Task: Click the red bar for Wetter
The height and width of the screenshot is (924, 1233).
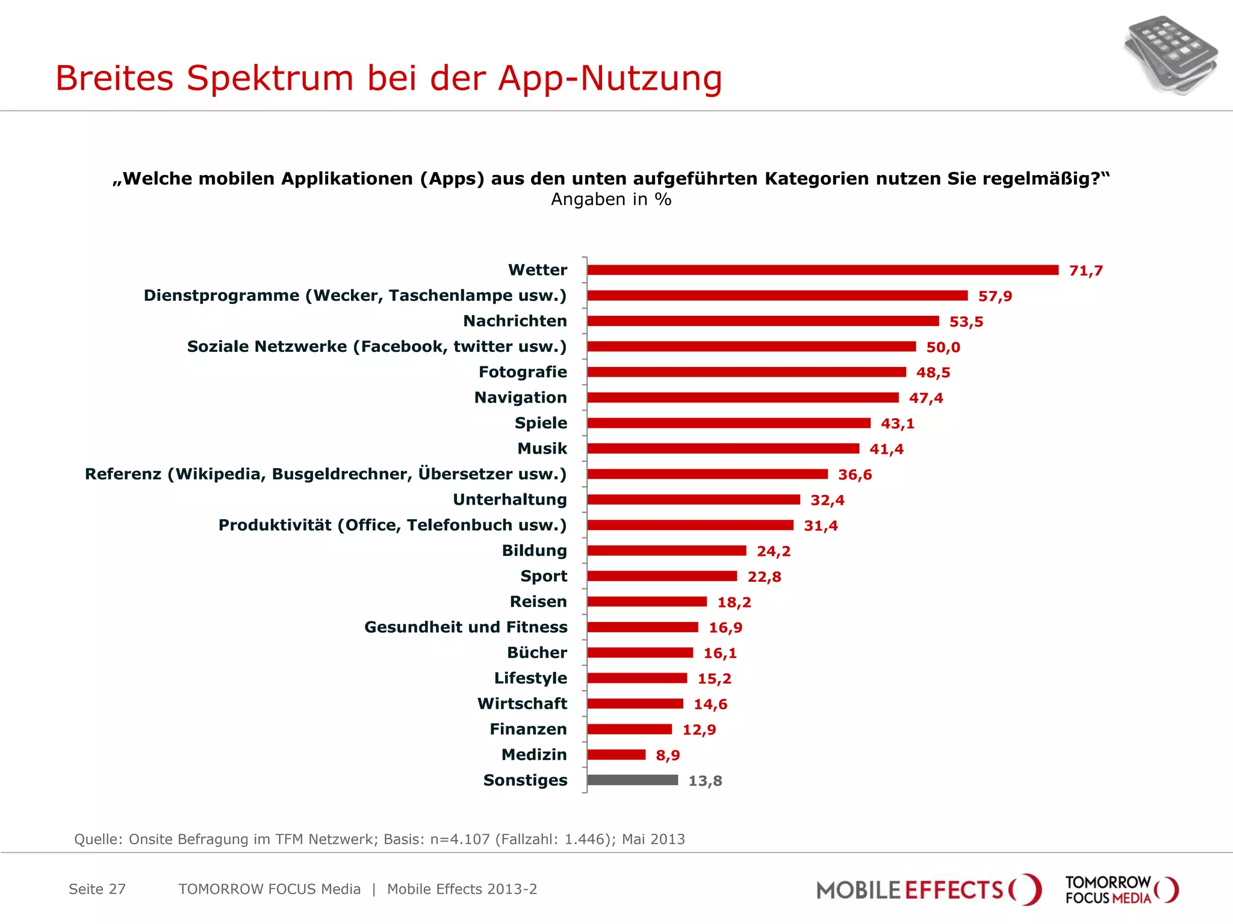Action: click(822, 270)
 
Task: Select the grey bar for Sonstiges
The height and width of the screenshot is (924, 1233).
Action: click(632, 780)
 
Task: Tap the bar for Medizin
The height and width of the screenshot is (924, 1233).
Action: click(616, 754)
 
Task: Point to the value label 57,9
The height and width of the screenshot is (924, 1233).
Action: click(995, 296)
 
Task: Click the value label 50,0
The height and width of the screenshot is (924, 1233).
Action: click(943, 347)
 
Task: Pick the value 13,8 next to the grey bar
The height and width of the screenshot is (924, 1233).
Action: click(705, 781)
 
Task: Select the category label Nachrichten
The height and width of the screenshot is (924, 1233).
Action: click(515, 321)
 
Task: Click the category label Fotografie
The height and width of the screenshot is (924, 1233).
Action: click(523, 372)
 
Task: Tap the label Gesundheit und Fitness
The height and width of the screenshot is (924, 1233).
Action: click(465, 627)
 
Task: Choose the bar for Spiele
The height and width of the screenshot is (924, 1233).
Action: click(728, 423)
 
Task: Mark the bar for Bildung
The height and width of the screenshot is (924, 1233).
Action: click(666, 550)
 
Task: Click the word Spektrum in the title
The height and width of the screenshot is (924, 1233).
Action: click(270, 78)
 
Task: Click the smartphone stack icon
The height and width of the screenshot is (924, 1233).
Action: click(1169, 55)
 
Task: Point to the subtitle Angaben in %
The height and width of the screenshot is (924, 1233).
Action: click(610, 199)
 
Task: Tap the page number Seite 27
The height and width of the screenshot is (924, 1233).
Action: click(97, 889)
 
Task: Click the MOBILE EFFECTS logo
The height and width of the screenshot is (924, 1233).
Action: click(927, 890)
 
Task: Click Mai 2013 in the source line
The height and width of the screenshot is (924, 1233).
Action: click(653, 839)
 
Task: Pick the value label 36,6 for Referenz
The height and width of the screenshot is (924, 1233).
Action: click(854, 475)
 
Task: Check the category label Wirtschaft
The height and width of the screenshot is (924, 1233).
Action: click(522, 704)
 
